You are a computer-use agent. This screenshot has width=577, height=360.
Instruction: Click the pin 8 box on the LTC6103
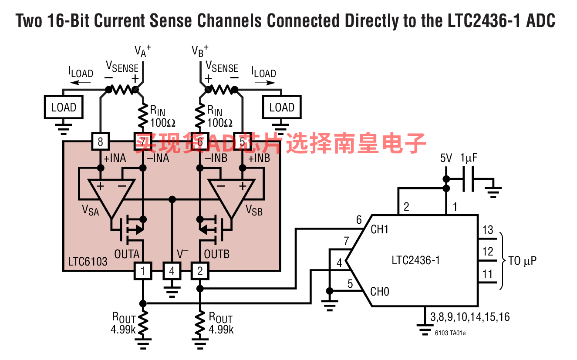100,141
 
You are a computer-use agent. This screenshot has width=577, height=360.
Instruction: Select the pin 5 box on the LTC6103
243,141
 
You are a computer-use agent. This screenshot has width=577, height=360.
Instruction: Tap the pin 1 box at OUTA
143,272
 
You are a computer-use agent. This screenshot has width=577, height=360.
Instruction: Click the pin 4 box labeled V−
172,272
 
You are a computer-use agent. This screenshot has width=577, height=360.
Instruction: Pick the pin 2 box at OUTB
200,272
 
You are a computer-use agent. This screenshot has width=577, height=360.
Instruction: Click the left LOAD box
64,108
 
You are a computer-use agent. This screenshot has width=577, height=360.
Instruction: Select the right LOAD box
282,108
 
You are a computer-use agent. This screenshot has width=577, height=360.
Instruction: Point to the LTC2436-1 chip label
415,261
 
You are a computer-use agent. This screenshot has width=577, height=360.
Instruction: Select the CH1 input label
379,229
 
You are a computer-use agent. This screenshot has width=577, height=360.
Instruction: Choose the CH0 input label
379,292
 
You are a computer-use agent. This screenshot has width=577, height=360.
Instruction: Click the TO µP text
522,261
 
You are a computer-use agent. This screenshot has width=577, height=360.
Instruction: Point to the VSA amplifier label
91,210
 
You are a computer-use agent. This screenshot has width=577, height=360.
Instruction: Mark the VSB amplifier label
254,210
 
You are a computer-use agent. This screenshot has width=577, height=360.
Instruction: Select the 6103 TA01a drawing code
450,333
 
